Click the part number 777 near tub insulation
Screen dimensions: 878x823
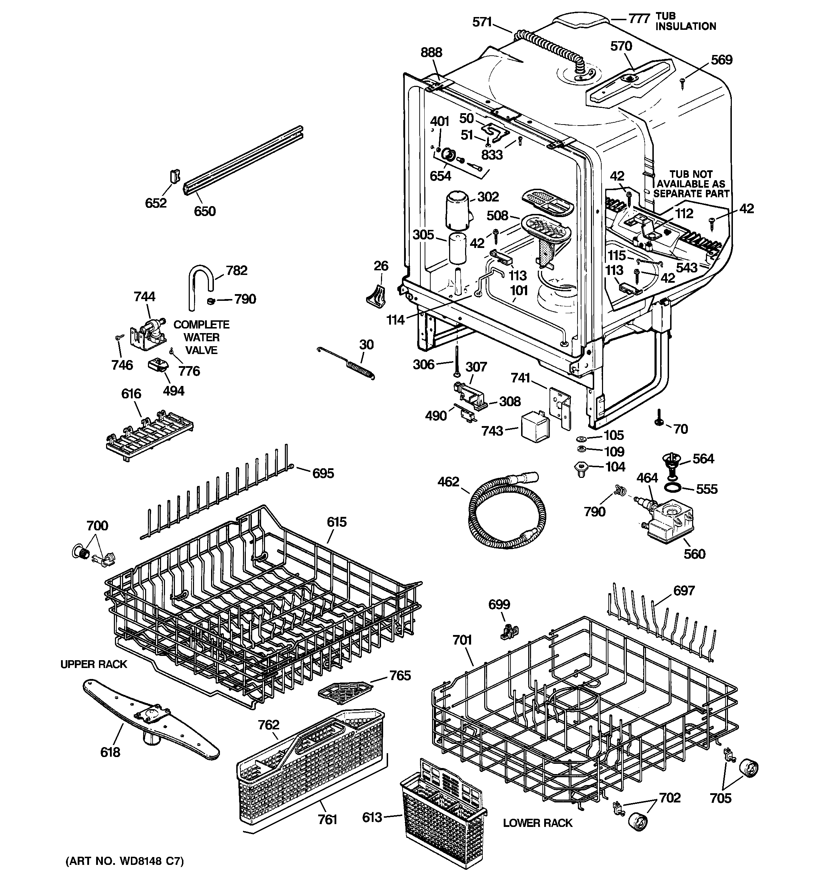click(x=639, y=18)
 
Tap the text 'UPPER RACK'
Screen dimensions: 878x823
click(x=94, y=664)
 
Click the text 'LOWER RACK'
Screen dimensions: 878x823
click(x=537, y=823)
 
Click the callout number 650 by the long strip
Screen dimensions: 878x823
click(x=205, y=211)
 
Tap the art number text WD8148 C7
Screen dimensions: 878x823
click(x=124, y=861)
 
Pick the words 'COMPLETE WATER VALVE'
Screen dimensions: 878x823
click(x=201, y=337)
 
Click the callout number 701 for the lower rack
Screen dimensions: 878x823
click(x=462, y=640)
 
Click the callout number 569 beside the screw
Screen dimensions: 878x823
click(x=722, y=60)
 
